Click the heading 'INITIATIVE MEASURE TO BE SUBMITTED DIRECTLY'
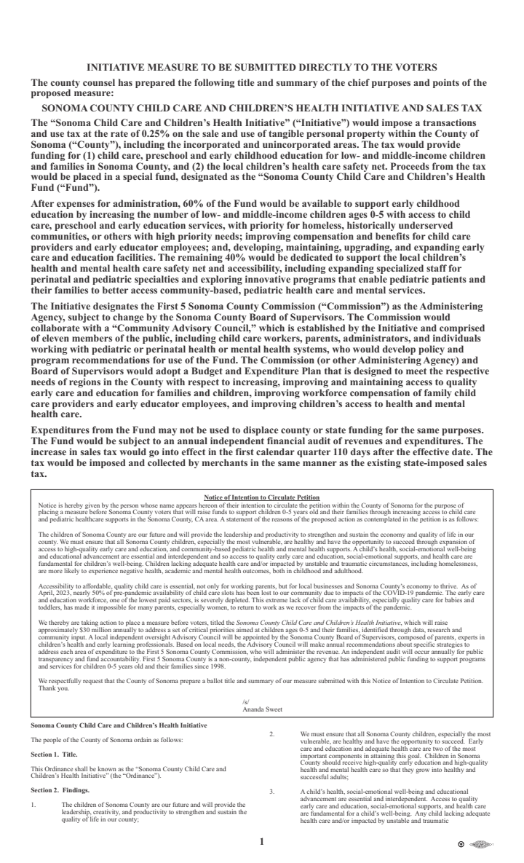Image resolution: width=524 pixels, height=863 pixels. [262, 68]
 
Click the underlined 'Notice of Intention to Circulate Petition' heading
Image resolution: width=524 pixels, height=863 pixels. [262, 497]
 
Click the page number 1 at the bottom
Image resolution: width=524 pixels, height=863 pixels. [262, 842]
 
